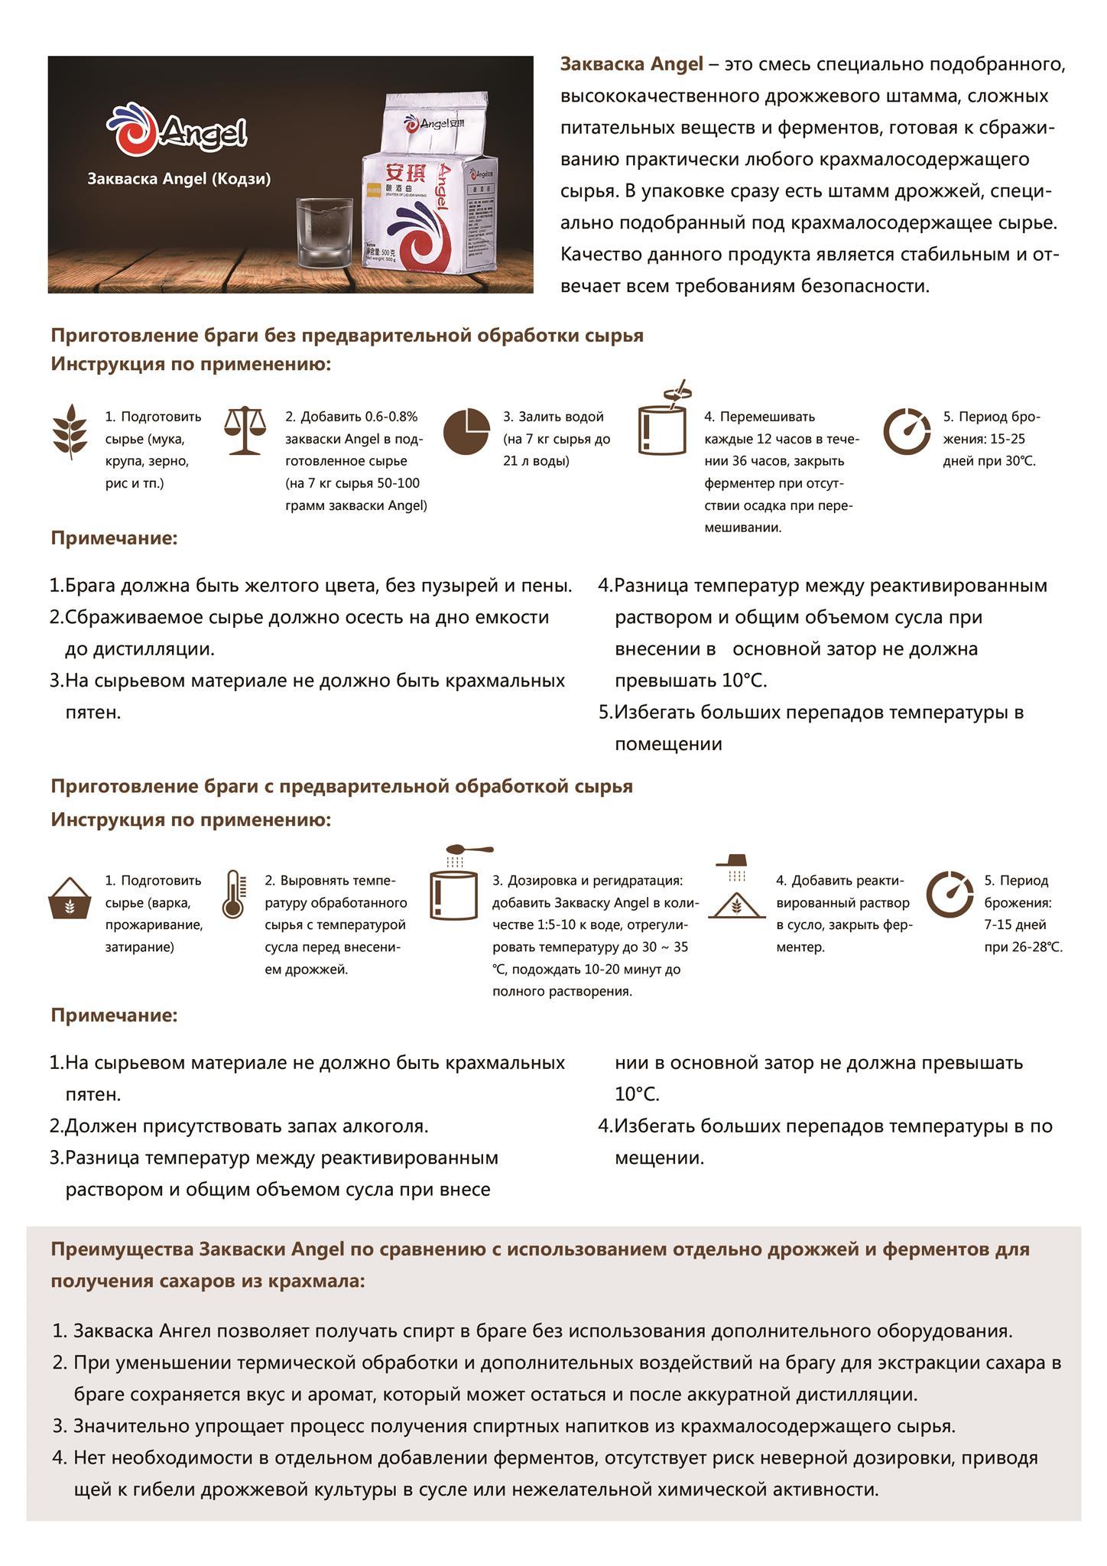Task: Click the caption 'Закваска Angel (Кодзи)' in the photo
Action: pyautogui.click(x=179, y=179)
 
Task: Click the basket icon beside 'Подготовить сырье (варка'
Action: pyautogui.click(x=70, y=898)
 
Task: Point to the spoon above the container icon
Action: pyautogui.click(x=468, y=850)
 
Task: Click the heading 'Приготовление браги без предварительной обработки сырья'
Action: pyautogui.click(x=347, y=336)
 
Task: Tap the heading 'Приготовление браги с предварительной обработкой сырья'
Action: pyautogui.click(x=342, y=786)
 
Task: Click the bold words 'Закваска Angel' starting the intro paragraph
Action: pyautogui.click(x=631, y=64)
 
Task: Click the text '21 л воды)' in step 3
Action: pyautogui.click(x=536, y=461)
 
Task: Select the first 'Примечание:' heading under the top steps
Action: pyautogui.click(x=114, y=538)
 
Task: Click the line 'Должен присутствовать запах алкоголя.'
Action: pyautogui.click(x=246, y=1126)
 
